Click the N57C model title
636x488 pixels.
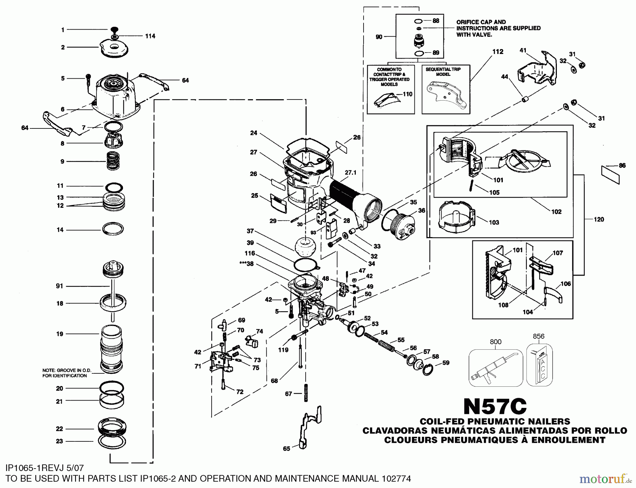495,406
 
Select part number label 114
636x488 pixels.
150,36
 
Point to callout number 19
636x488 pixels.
60,334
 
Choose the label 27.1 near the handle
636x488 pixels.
351,173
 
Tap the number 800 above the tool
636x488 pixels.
495,342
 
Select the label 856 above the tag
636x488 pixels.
538,336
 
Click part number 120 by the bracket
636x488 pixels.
599,219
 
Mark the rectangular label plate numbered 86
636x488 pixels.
611,175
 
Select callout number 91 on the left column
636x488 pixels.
59,286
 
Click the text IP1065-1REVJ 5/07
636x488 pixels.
45,468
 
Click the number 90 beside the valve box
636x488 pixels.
379,37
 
